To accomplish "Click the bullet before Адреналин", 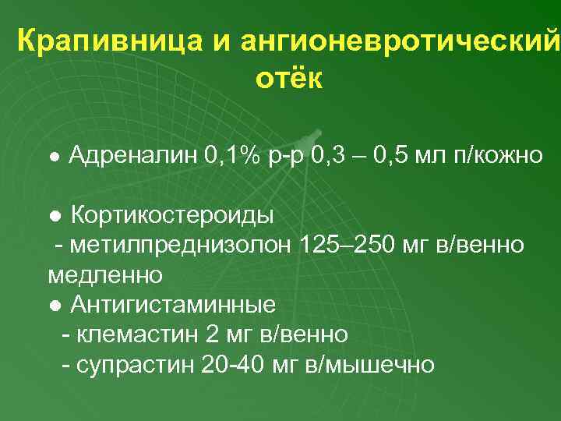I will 53,156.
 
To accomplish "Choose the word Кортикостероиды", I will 172,214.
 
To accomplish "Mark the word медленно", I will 105,274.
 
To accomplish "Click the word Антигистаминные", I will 173,304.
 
